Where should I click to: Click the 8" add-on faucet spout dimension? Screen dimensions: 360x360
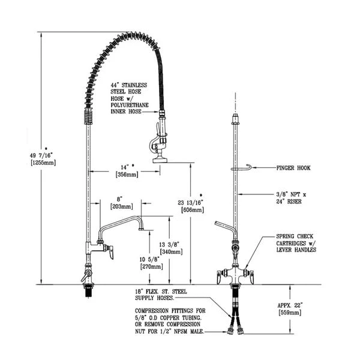click(x=120, y=197)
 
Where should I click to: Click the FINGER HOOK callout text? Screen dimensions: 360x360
click(x=292, y=169)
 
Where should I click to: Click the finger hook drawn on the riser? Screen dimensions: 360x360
click(x=240, y=169)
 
